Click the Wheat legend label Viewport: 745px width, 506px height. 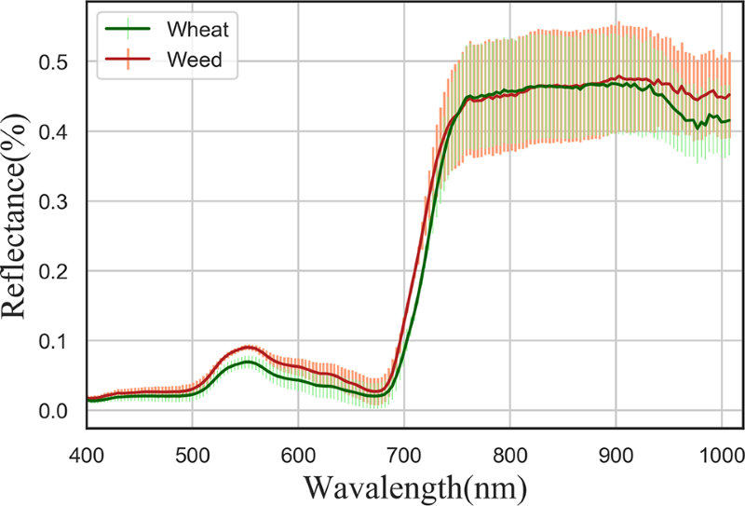(x=196, y=29)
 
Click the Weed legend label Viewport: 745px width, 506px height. (x=195, y=61)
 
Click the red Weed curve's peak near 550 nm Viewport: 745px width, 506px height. (x=246, y=347)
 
